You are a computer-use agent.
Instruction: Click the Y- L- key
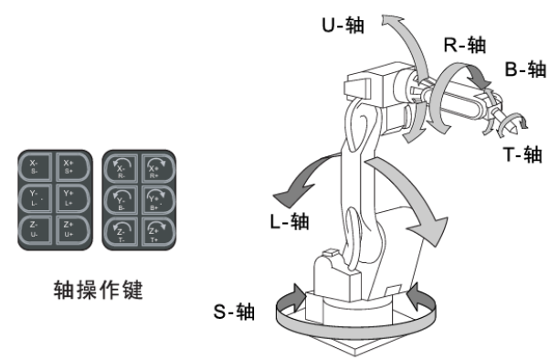coord(36,197)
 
